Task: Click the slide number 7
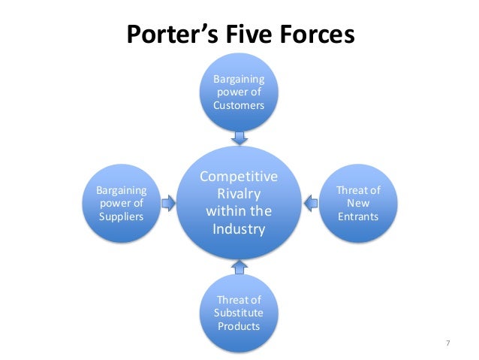[447, 343]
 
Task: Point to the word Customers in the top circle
[239, 105]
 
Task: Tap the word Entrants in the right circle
[357, 217]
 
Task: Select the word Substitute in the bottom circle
[239, 313]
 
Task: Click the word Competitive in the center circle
[239, 177]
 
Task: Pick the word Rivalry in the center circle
[239, 194]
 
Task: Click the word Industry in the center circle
[239, 228]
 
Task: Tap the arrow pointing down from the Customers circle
[239, 137]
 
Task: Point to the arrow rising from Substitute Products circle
[239, 266]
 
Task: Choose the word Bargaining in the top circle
[239, 80]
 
